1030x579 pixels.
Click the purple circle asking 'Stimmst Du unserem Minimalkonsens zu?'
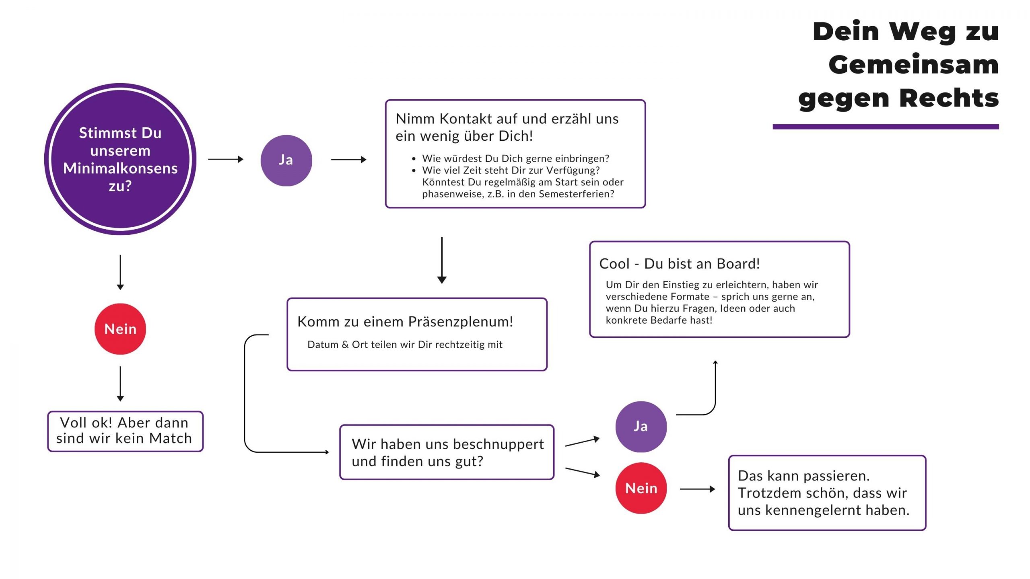pyautogui.click(x=120, y=159)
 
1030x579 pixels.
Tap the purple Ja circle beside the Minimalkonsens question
pyautogui.click(x=286, y=160)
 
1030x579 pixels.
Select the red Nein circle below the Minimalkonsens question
pyautogui.click(x=120, y=329)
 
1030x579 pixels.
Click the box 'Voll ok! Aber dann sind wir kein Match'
pyautogui.click(x=125, y=431)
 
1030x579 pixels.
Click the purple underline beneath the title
pyautogui.click(x=885, y=127)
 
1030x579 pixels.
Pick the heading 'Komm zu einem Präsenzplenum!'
pyautogui.click(x=405, y=322)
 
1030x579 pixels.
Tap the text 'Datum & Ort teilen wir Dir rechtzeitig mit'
pyautogui.click(x=405, y=345)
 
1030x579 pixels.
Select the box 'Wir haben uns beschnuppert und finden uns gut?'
pyautogui.click(x=447, y=452)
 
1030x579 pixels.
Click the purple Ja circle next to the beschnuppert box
pyautogui.click(x=641, y=427)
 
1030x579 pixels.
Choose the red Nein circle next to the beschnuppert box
pyautogui.click(x=641, y=488)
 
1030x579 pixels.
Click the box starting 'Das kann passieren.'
pyautogui.click(x=827, y=493)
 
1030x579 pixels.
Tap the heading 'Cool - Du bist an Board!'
pyautogui.click(x=679, y=264)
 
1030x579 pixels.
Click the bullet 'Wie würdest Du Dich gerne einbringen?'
pyautogui.click(x=515, y=158)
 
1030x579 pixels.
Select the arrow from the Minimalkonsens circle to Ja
pyautogui.click(x=226, y=159)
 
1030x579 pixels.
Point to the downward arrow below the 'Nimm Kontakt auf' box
pyautogui.click(x=442, y=260)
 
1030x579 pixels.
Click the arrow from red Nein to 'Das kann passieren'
pyautogui.click(x=697, y=489)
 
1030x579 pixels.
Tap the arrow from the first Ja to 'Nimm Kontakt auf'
pyautogui.click(x=348, y=160)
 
